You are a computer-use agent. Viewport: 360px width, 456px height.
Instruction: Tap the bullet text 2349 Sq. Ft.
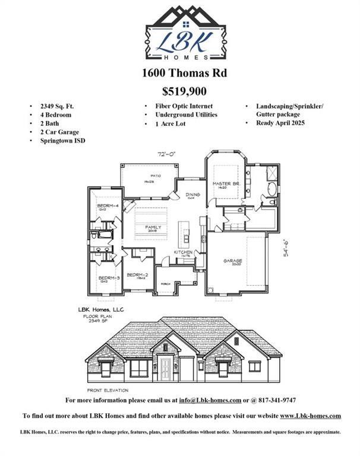point(58,106)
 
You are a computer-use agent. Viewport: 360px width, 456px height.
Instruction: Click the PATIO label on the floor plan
point(156,176)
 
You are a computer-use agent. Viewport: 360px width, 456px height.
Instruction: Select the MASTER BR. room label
point(226,185)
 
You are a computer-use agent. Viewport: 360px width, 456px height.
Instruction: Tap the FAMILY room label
point(154,227)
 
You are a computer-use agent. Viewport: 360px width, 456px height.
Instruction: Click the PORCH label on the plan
point(166,284)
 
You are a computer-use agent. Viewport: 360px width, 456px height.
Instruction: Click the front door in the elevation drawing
point(166,366)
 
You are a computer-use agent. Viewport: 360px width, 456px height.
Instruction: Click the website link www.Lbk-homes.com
point(310,416)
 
